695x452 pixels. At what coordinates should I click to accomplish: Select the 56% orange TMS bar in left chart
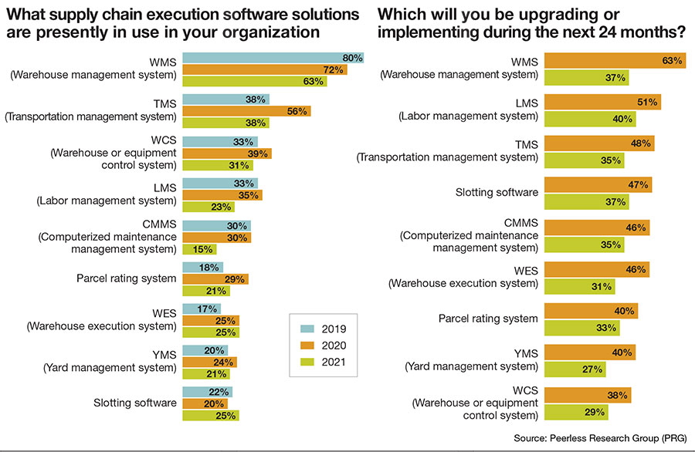click(246, 111)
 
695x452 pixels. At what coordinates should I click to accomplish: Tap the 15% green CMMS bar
click(199, 249)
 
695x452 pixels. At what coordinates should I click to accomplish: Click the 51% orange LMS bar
click(602, 102)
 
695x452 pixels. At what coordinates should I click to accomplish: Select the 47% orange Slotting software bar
click(598, 185)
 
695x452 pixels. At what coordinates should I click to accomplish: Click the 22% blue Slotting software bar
click(207, 392)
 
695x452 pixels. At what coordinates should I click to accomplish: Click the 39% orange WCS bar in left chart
click(226, 154)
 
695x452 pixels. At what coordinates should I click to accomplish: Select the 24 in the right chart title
click(602, 32)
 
